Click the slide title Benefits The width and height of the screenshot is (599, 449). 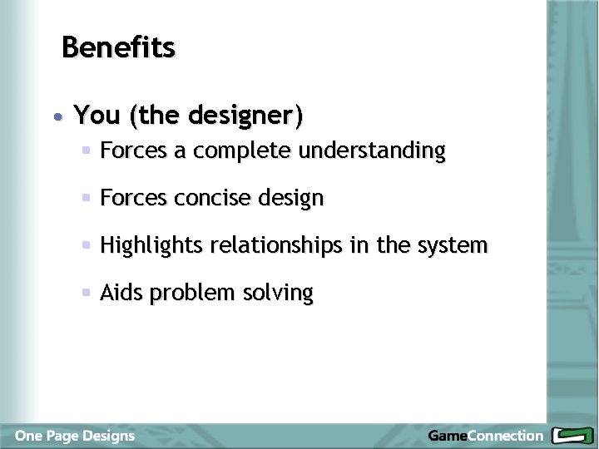point(118,47)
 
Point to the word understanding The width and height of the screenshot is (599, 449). point(371,151)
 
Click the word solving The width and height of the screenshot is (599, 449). point(279,294)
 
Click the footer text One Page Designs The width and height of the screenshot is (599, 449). point(74,436)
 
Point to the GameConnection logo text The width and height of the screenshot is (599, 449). point(484,436)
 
